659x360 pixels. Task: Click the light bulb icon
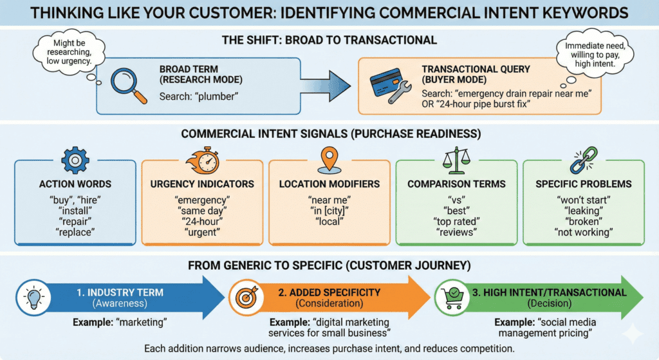point(32,297)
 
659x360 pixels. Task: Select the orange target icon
point(247,298)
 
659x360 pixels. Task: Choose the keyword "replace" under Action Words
point(75,232)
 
